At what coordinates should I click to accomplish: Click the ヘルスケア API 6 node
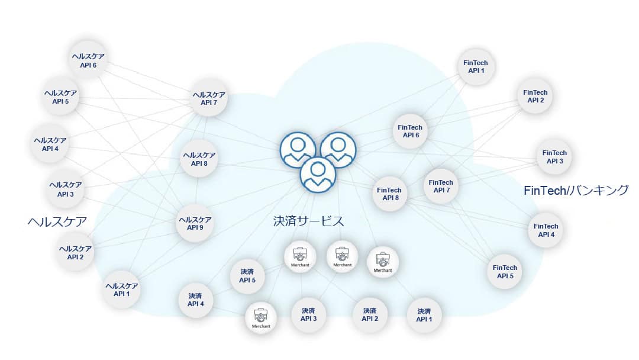click(88, 61)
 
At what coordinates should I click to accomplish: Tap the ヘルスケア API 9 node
click(195, 224)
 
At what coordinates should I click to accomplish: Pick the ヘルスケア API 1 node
click(122, 290)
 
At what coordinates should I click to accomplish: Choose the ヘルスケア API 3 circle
click(66, 189)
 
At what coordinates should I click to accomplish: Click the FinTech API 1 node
click(476, 66)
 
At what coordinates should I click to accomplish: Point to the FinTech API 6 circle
click(410, 131)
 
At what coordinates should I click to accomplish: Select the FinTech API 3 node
click(554, 157)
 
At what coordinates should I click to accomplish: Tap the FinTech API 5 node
click(505, 272)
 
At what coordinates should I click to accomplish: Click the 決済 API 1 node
click(424, 315)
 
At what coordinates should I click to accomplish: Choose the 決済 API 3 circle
click(308, 314)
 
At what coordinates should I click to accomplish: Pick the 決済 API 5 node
click(247, 276)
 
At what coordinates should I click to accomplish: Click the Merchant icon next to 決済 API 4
click(261, 317)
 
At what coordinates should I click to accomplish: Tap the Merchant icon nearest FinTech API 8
click(383, 261)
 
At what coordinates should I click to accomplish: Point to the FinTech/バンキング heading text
click(576, 191)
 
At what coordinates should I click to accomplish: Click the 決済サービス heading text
click(308, 221)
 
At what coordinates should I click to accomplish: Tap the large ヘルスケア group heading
click(57, 222)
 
